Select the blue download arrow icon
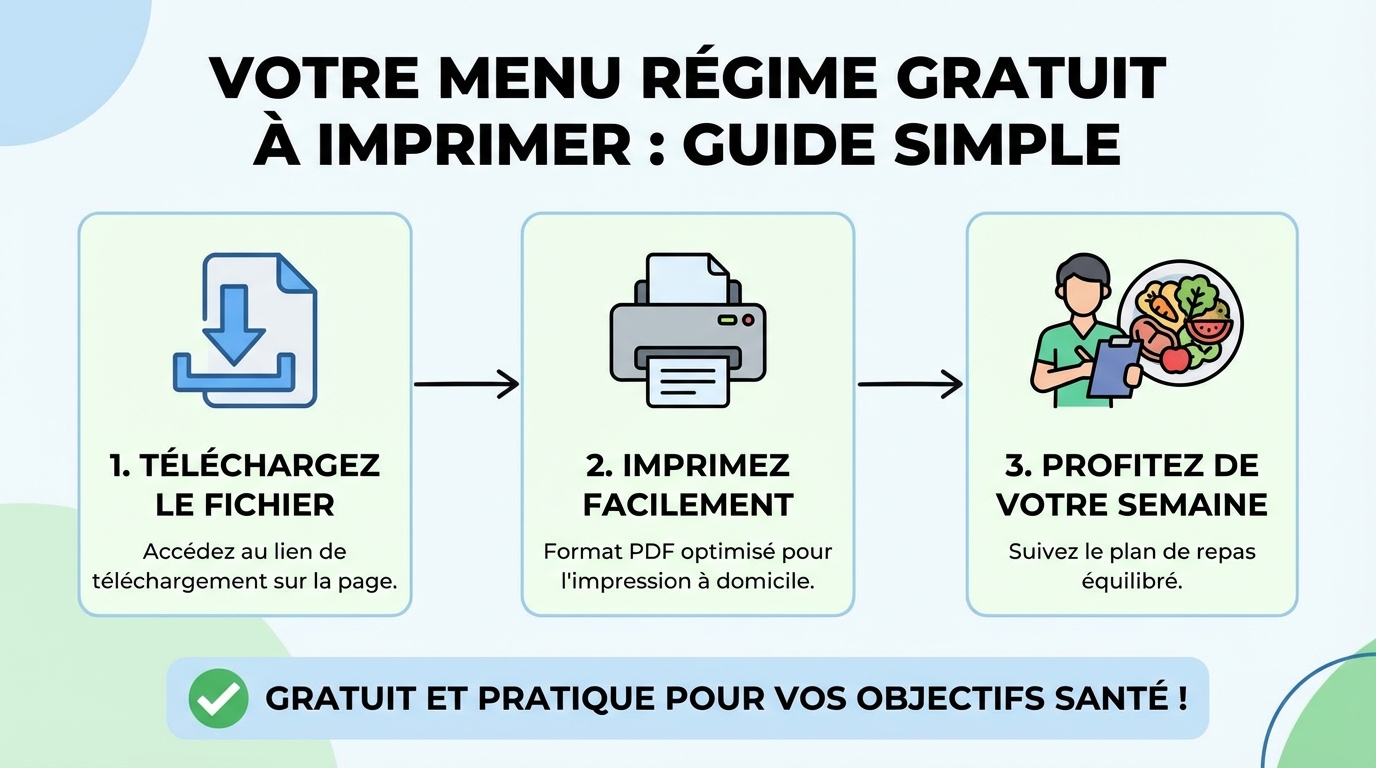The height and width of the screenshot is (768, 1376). click(x=233, y=323)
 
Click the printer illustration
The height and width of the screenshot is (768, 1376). click(x=687, y=330)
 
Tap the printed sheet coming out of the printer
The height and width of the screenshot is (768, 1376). click(x=687, y=383)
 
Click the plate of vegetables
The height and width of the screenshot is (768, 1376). click(x=1180, y=317)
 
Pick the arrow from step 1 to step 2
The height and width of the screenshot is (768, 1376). click(x=466, y=383)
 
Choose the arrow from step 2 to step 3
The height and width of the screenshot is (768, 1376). click(x=910, y=383)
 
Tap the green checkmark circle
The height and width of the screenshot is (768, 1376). click(x=218, y=697)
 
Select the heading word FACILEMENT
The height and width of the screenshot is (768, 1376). click(x=688, y=504)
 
